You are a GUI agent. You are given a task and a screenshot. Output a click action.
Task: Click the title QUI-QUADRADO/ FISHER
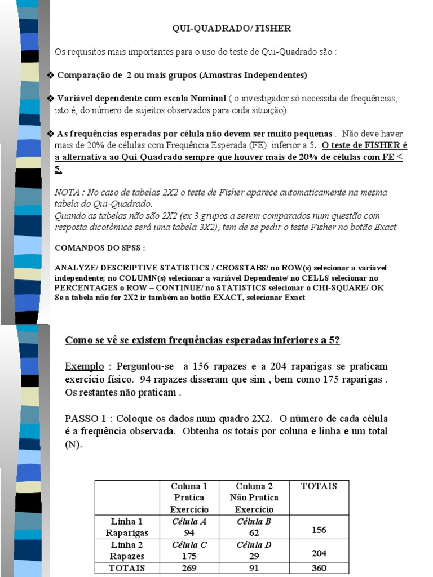click(x=231, y=28)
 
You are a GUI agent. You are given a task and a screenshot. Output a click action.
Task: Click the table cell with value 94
click(x=189, y=532)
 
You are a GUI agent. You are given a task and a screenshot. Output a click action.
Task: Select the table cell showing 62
click(x=254, y=532)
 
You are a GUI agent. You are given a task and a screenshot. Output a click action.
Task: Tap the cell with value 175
click(x=189, y=556)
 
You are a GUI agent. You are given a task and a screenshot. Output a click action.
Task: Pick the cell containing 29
click(x=254, y=556)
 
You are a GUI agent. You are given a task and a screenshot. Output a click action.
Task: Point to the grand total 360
click(x=319, y=568)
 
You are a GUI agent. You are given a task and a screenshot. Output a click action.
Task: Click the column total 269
click(x=189, y=568)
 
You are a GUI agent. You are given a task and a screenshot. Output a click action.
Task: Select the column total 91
click(x=254, y=568)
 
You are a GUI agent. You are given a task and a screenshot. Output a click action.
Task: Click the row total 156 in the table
click(x=319, y=530)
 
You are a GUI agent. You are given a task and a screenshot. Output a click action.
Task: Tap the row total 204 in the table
click(x=319, y=553)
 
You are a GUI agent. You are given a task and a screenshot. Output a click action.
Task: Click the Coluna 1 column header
click(x=189, y=498)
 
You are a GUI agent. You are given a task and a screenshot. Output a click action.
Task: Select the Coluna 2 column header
click(x=254, y=498)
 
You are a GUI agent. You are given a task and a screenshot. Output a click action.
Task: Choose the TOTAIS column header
click(x=319, y=486)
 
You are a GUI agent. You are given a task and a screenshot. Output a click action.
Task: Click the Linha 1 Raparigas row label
click(x=127, y=527)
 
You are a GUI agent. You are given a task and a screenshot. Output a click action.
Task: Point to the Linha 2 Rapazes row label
click(x=127, y=551)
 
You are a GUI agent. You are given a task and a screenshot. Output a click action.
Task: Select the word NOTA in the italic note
click(x=66, y=192)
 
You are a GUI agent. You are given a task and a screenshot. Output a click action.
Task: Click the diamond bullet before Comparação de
click(x=50, y=76)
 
